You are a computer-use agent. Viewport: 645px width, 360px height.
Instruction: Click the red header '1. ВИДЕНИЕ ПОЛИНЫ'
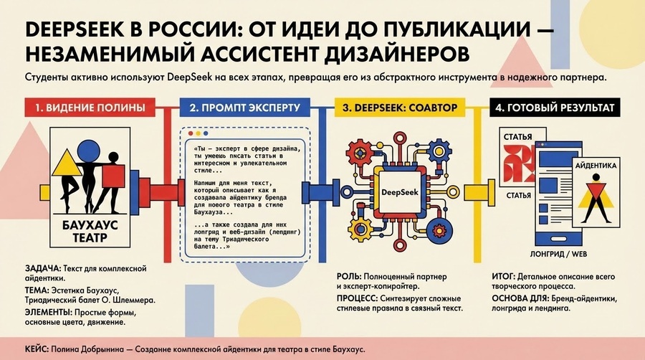pos(90,108)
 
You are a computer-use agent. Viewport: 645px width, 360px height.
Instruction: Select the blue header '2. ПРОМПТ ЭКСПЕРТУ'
pos(245,108)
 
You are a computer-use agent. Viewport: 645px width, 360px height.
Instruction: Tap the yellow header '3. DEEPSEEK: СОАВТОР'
pos(400,108)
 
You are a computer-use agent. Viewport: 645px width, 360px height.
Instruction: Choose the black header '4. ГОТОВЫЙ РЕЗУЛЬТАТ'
pos(555,108)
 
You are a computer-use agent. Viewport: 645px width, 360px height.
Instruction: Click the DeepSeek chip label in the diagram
pos(400,192)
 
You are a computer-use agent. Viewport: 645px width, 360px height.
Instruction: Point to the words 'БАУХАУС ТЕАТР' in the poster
pos(90,231)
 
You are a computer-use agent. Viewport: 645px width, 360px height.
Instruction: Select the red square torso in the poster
pos(113,176)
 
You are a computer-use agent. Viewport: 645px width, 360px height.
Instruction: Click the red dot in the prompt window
pos(191,133)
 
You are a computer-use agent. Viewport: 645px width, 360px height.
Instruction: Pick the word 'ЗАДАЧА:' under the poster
pos(43,269)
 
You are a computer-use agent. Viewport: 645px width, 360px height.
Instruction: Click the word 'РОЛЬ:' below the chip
pos(349,277)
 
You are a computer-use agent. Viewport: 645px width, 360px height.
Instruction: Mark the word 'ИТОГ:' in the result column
pos(503,277)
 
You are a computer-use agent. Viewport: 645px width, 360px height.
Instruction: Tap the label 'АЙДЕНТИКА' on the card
pos(596,166)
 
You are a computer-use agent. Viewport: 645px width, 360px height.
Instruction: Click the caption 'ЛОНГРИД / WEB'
pos(558,254)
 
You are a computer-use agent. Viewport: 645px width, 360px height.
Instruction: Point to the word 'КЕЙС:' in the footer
pos(37,350)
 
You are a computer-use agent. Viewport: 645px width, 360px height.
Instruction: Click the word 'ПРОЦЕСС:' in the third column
pos(357,298)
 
